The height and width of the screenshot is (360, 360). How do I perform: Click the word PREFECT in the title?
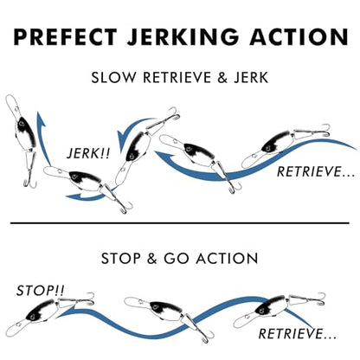click(x=66, y=36)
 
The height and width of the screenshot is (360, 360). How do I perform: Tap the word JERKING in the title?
click(x=183, y=36)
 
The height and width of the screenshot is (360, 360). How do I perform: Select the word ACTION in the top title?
click(x=299, y=36)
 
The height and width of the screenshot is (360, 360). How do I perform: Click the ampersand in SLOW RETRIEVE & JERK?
click(x=222, y=78)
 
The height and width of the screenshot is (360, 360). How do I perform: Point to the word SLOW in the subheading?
click(x=113, y=78)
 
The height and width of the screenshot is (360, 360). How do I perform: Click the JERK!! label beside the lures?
click(x=88, y=153)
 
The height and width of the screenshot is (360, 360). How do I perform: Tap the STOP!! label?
click(x=40, y=291)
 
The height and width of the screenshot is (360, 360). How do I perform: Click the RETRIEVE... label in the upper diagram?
click(x=316, y=172)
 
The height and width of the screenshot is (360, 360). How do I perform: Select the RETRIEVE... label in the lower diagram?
click(x=297, y=334)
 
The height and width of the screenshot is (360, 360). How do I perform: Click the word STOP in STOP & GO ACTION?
click(x=121, y=259)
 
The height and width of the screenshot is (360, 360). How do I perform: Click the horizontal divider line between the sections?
click(x=180, y=223)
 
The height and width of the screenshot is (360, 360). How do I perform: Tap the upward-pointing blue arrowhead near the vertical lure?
click(x=41, y=119)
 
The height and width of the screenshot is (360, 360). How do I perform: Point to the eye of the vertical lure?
click(x=21, y=124)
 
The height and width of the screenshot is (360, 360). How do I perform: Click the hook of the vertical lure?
click(x=29, y=181)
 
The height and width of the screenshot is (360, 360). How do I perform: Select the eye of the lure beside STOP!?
click(x=32, y=317)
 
